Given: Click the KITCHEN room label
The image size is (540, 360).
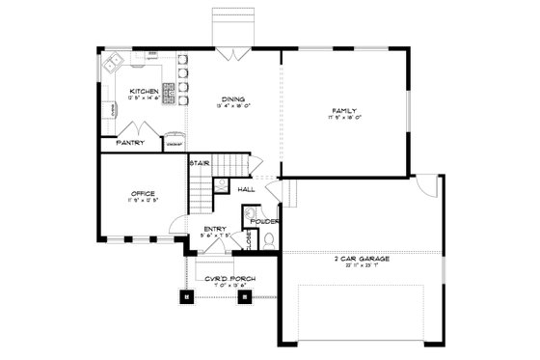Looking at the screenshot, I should pyautogui.click(x=143, y=92).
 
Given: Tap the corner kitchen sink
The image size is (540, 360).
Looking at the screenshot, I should pyautogui.click(x=113, y=65).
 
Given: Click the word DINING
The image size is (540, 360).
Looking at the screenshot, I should pyautogui.click(x=232, y=98).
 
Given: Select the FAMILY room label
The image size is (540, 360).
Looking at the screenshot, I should pyautogui.click(x=344, y=111).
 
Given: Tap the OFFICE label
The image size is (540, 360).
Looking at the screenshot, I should pyautogui.click(x=143, y=194).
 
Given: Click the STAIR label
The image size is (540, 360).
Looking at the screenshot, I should pyautogui.click(x=200, y=162).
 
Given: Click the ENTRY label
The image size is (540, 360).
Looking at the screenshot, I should pyautogui.click(x=215, y=228).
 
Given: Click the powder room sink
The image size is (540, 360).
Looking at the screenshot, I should pyautogui.click(x=259, y=210).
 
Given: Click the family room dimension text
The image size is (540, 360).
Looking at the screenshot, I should pyautogui.click(x=344, y=119).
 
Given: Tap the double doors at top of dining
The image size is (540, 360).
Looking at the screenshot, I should pyautogui.click(x=232, y=52).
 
